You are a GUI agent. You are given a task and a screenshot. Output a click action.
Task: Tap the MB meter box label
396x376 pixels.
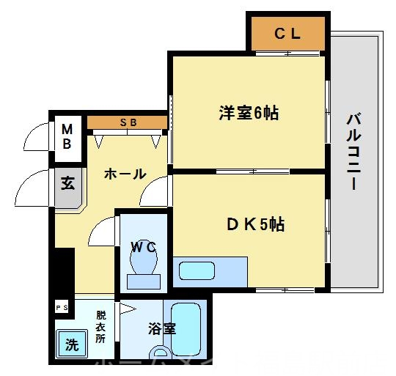click(66, 137)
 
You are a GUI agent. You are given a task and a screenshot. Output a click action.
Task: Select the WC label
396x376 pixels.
click(143, 247)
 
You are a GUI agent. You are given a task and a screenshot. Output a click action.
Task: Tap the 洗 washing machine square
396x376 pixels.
click(72, 344)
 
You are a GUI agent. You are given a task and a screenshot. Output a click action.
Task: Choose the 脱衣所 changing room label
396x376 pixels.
click(100, 328)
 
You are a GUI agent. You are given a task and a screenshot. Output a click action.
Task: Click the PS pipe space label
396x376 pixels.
click(62, 307)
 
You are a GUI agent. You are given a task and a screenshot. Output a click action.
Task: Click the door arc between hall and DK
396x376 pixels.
click(155, 193)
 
